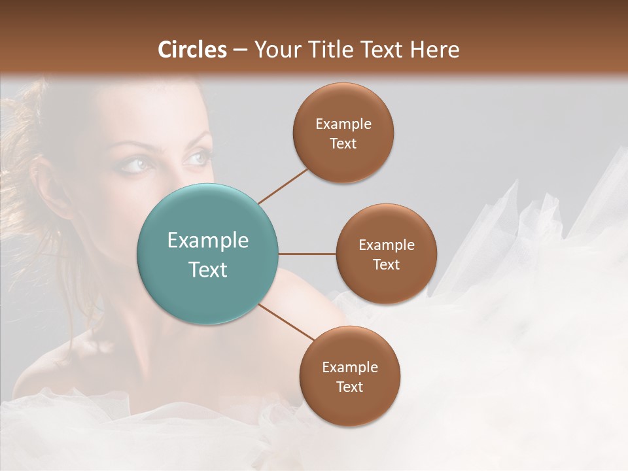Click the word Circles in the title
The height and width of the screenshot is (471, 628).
pos(192,50)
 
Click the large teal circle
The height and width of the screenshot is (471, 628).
pos(208,254)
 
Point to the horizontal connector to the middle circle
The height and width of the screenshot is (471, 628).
pos(307,254)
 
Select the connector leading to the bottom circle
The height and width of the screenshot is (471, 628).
pos(286,323)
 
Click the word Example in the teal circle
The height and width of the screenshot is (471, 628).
pos(208,241)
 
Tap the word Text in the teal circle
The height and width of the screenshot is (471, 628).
pos(208,270)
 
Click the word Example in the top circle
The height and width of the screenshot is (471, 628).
pos(343,124)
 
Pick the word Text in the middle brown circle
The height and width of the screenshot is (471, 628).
pos(386,265)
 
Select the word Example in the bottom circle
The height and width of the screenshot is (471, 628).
pos(349,368)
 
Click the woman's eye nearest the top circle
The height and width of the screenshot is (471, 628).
pos(197,158)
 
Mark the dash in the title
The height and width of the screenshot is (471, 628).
pos(240,50)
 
